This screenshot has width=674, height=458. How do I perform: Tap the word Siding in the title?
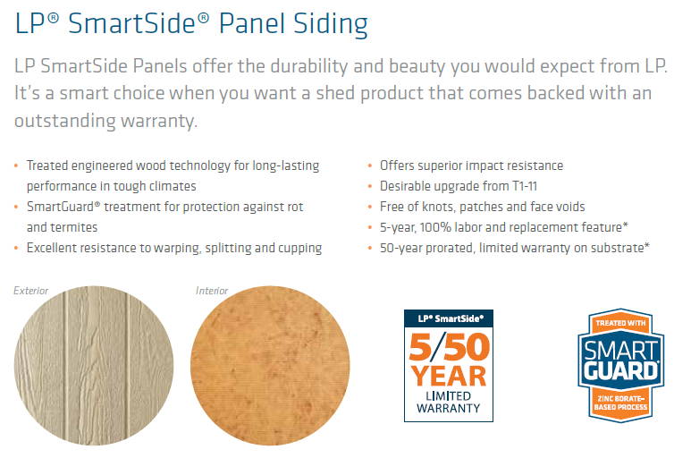pos(331,25)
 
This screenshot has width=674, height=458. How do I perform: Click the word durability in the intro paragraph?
pos(309,67)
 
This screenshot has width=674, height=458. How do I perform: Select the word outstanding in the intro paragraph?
pos(65,121)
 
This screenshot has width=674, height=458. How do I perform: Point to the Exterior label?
pos(31,291)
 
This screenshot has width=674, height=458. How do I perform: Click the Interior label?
pos(212,291)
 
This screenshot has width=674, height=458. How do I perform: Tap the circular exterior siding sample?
pos(94,366)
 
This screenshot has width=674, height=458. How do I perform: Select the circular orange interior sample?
pos(270,366)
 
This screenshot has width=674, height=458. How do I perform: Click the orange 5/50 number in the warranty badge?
pos(450,346)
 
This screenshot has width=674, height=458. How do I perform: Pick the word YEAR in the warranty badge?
pos(449,377)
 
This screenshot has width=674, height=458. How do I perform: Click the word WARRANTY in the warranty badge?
pos(449,408)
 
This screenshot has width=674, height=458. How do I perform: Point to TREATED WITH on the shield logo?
pos(620,323)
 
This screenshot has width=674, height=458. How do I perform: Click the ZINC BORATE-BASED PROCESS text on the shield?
pos(620,403)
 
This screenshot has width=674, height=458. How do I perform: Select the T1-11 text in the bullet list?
pos(525,186)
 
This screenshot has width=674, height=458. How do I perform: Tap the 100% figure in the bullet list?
pos(435,227)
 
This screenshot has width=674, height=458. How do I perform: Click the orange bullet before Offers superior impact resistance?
pos(370,165)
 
